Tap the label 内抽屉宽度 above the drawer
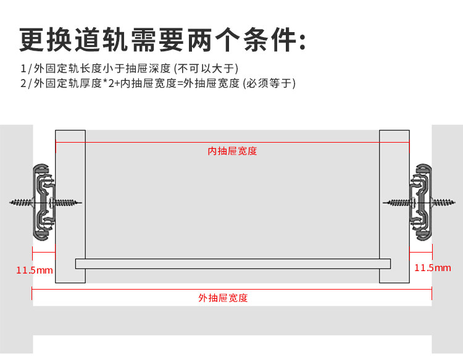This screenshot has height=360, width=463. click(x=232, y=151)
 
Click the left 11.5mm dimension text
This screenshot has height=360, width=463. click(x=35, y=270)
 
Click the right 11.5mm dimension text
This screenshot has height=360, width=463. click(x=432, y=267)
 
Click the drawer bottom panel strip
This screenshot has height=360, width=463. click(x=233, y=264)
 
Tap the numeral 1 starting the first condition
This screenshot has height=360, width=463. click(x=23, y=68)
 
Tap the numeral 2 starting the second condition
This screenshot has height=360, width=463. click(x=23, y=83)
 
